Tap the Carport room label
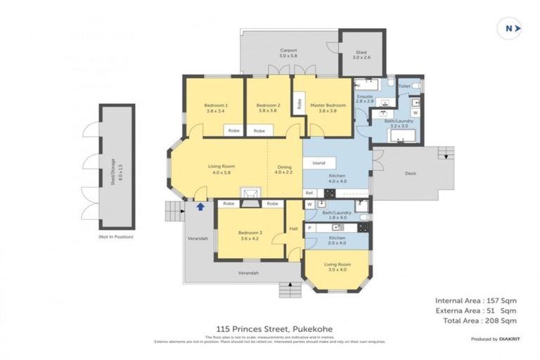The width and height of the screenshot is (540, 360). coord(288,51)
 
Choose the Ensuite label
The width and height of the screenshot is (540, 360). coord(364,98)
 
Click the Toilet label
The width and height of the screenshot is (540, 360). coord(404,86)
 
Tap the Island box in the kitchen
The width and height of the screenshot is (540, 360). coord(319,162)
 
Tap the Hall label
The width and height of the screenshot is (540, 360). coord(294,229)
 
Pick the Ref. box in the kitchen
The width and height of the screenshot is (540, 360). coord(309,193)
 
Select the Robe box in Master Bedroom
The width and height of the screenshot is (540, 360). coord(299,104)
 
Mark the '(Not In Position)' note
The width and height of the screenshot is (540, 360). coord(115,237)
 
